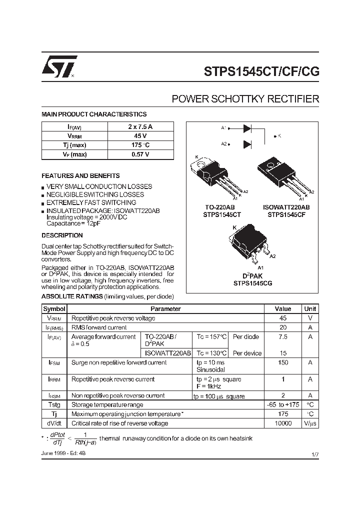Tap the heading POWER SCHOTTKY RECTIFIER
click(245, 99)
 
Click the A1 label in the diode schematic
click(224, 127)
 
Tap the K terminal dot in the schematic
click(275, 135)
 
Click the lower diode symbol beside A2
click(247, 144)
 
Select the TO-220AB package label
click(220, 207)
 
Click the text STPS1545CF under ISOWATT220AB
click(286, 214)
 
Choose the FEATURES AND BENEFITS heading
click(80, 176)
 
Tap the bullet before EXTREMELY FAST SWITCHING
click(43, 203)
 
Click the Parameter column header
click(165, 309)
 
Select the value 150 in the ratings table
click(283, 362)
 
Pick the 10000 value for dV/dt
click(283, 423)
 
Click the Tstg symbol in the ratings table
click(54, 405)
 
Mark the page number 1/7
click(314, 454)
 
